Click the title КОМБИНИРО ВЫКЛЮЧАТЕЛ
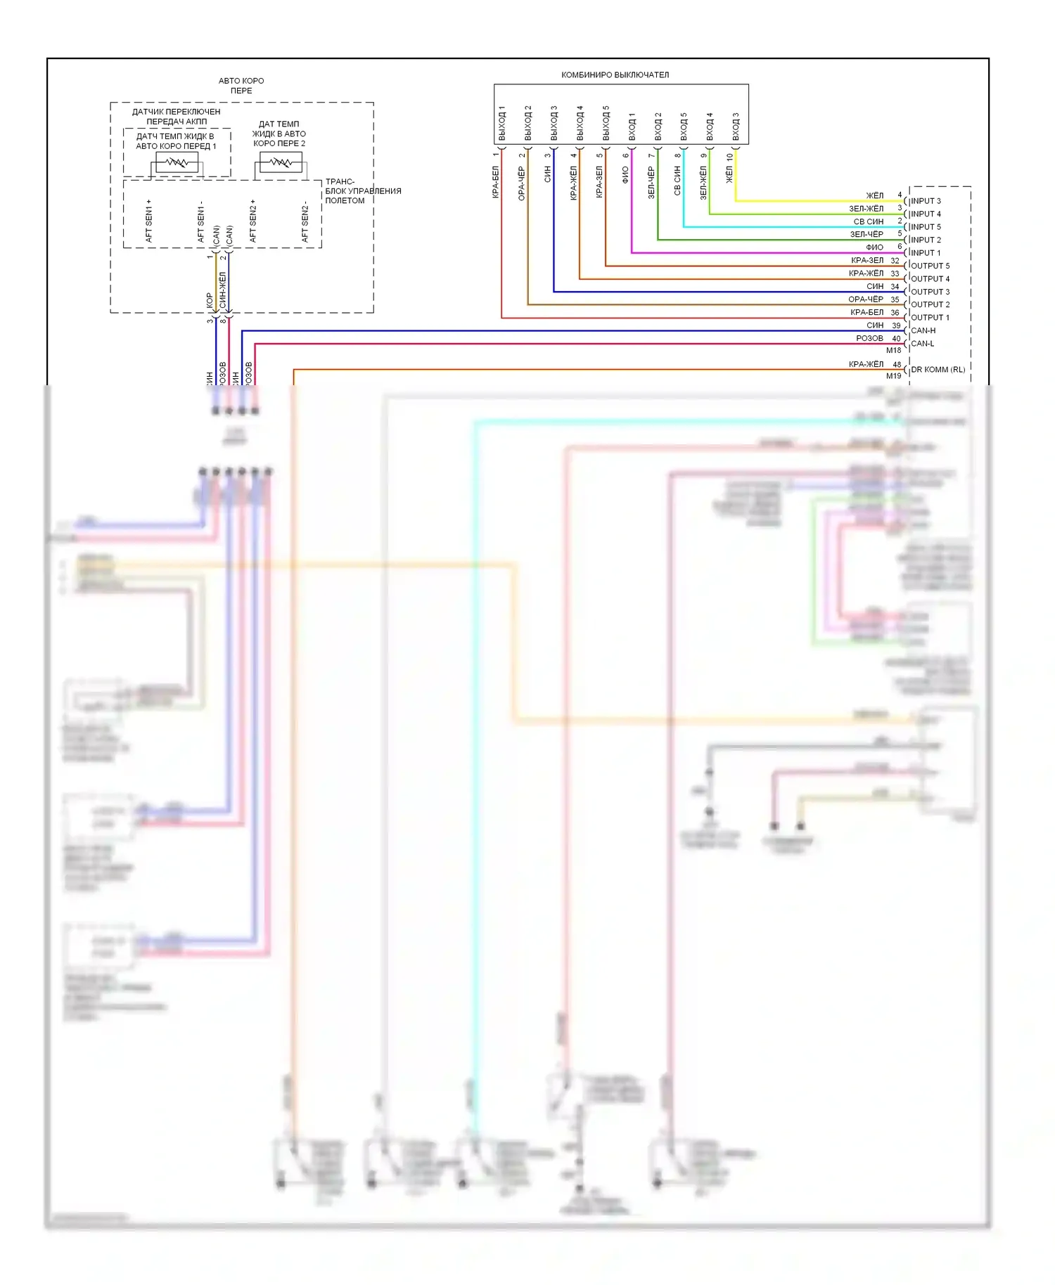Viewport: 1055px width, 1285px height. click(x=615, y=75)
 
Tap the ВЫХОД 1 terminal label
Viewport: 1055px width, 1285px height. click(x=502, y=123)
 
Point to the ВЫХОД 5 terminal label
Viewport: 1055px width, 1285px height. click(x=606, y=123)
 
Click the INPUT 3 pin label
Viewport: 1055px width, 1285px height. click(x=926, y=201)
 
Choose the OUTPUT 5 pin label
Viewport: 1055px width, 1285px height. click(x=930, y=266)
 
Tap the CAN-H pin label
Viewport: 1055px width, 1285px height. click(x=923, y=330)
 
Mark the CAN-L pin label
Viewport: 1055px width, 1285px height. click(x=922, y=344)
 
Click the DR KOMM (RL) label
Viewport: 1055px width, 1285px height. click(x=938, y=370)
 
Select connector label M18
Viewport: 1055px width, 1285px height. click(x=893, y=350)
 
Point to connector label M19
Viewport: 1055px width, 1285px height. click(x=893, y=376)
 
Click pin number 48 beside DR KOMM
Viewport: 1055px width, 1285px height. click(x=897, y=365)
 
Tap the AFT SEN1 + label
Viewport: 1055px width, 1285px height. click(x=149, y=221)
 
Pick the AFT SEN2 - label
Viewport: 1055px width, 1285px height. click(x=305, y=222)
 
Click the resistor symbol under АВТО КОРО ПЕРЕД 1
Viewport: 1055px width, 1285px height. click(x=177, y=164)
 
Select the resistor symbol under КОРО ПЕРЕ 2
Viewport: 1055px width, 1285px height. click(x=281, y=163)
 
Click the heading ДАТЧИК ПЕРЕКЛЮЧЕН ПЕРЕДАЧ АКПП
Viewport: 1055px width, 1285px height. click(x=177, y=117)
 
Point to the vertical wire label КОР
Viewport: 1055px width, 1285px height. click(x=209, y=301)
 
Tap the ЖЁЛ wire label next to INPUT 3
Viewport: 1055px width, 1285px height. click(x=874, y=195)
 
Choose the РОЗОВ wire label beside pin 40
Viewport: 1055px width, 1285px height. click(x=869, y=338)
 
